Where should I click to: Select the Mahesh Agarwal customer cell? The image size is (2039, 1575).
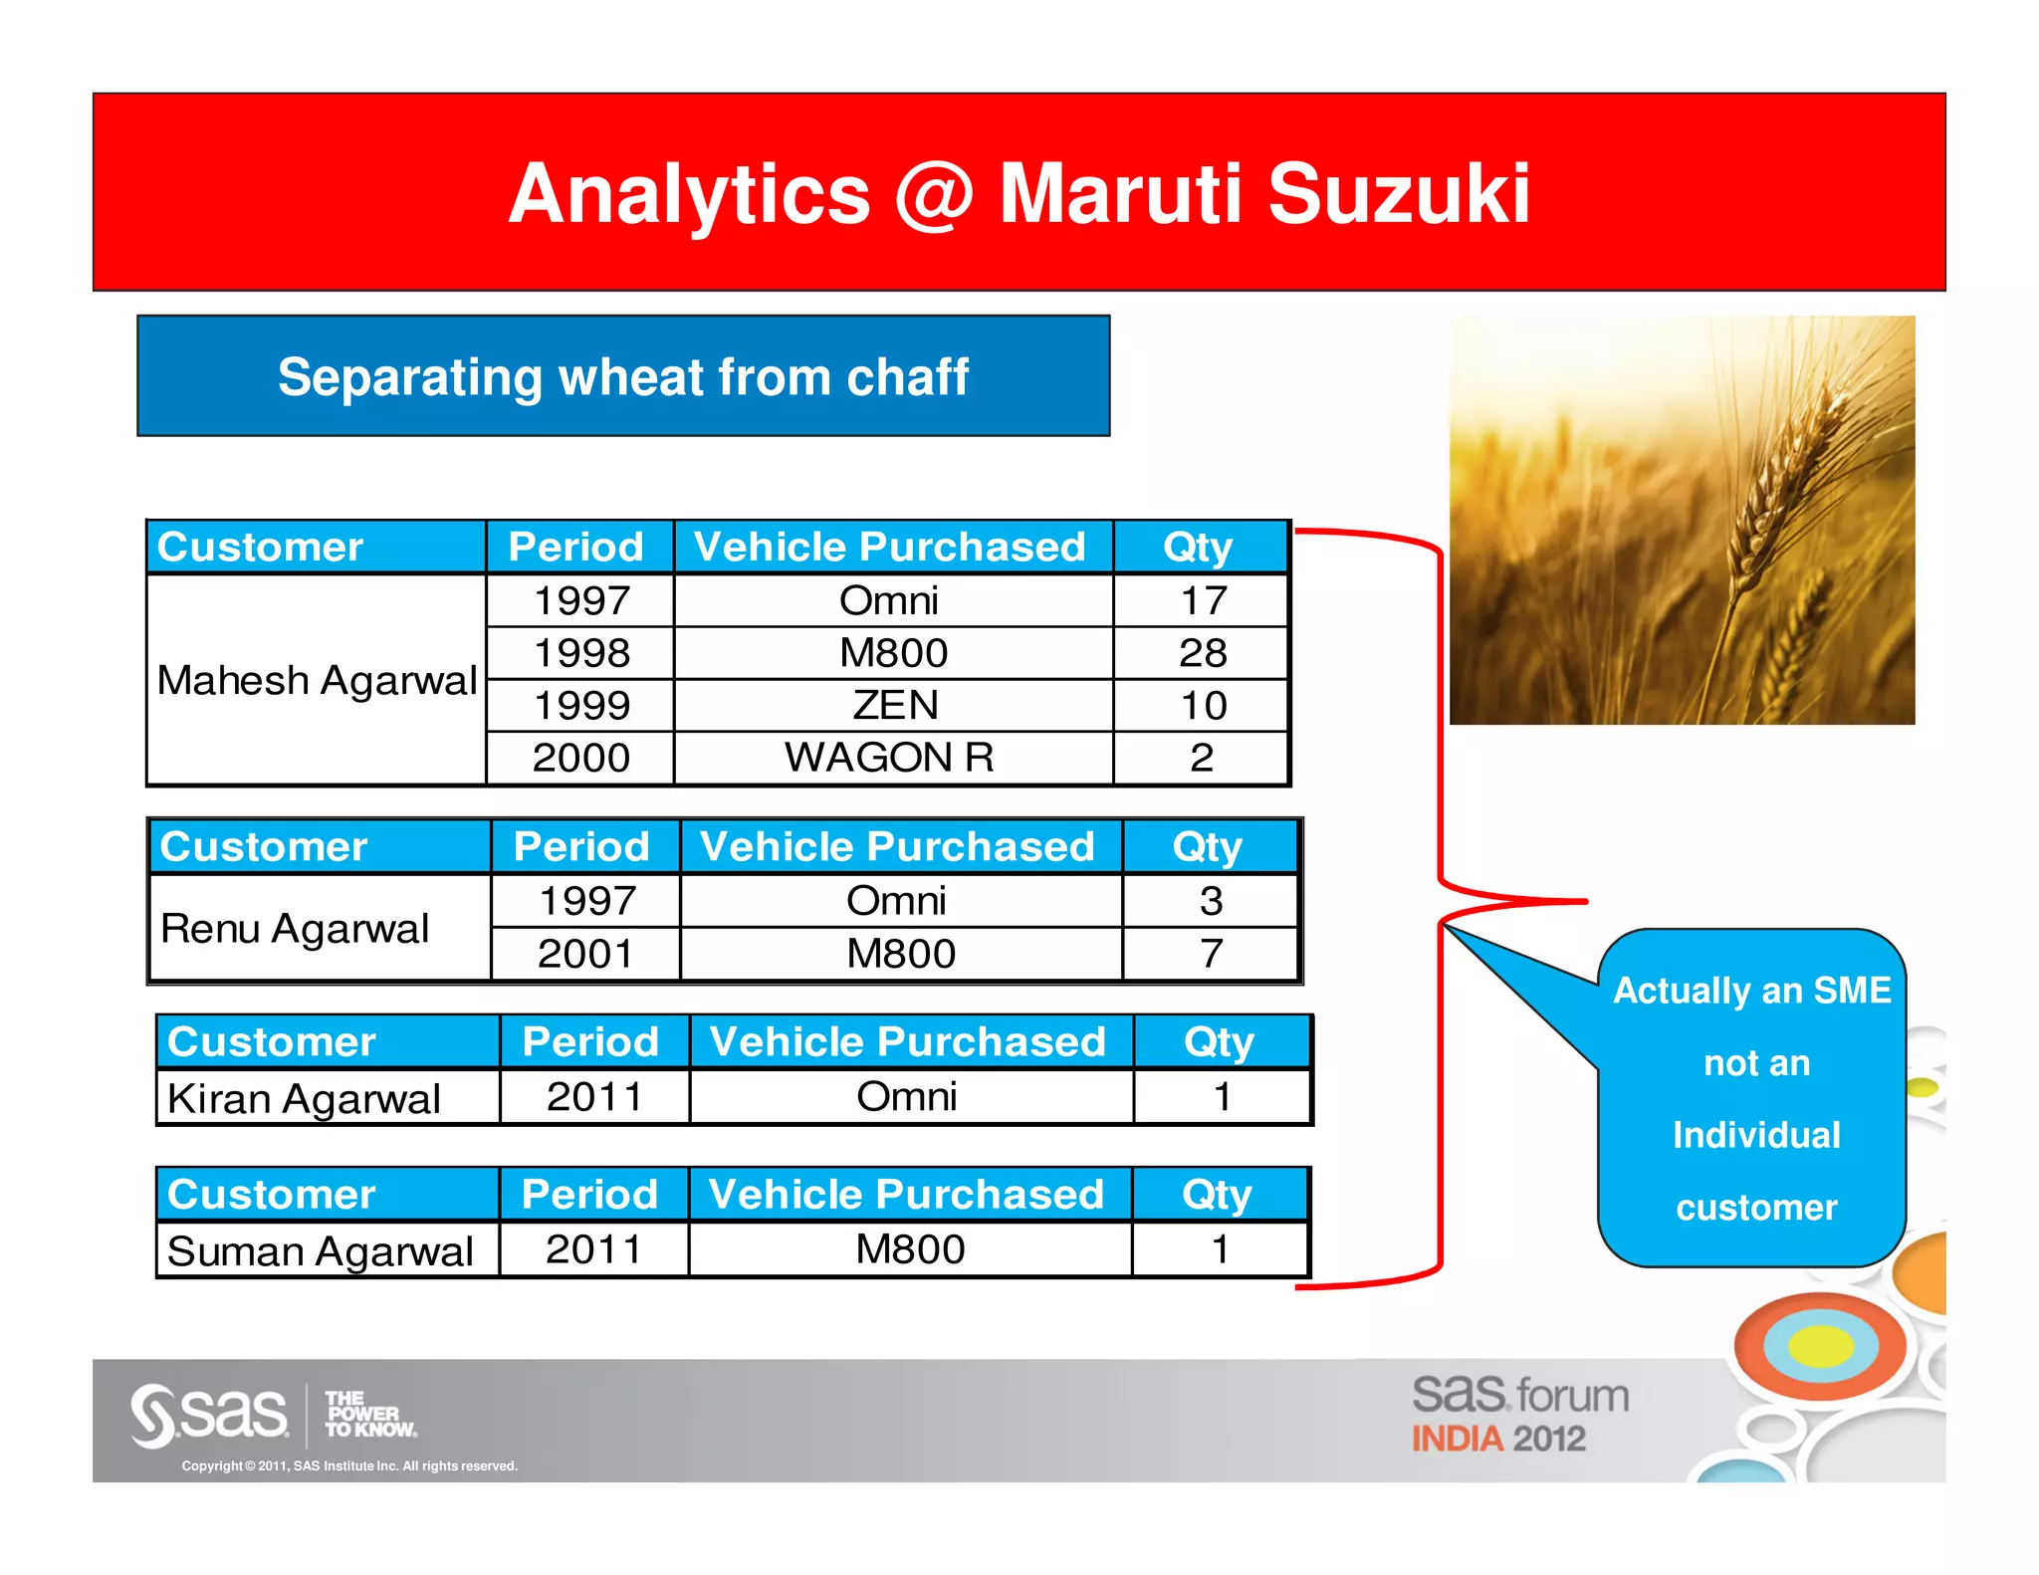pyautogui.click(x=317, y=681)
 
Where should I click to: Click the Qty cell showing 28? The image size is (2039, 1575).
pyautogui.click(x=1202, y=653)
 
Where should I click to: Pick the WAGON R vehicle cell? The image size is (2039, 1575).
pyautogui.click(x=890, y=758)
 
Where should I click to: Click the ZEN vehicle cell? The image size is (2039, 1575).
pyautogui.click(x=894, y=705)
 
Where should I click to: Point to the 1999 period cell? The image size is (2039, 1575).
pyautogui.click(x=581, y=705)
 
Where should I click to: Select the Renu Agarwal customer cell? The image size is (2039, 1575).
pyautogui.click(x=295, y=928)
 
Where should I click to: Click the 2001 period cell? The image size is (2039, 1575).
pyautogui.click(x=585, y=954)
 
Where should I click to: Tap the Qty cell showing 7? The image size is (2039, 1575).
pyautogui.click(x=1211, y=954)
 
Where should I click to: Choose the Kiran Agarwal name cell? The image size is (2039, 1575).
pyautogui.click(x=304, y=1098)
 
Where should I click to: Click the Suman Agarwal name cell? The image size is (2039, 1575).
pyautogui.click(x=320, y=1250)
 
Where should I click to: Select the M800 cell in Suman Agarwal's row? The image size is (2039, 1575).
pyautogui.click(x=910, y=1249)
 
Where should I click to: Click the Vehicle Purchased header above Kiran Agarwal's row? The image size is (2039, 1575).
pyautogui.click(x=907, y=1042)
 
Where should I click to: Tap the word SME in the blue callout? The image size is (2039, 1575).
pyautogui.click(x=1852, y=991)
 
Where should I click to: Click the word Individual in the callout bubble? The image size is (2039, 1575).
pyautogui.click(x=1756, y=1135)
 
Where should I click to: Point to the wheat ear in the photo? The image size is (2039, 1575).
pyautogui.click(x=1782, y=478)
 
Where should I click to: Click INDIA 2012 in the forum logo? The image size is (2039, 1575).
pyautogui.click(x=1497, y=1439)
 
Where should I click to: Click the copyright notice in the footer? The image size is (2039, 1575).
pyautogui.click(x=349, y=1465)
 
